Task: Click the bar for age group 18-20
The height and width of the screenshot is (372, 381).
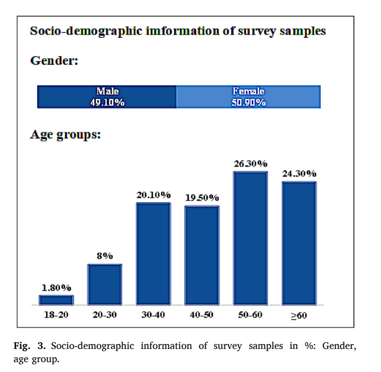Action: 56,300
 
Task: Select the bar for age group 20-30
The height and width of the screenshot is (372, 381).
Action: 104,285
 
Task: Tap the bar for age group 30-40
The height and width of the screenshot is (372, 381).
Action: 153,254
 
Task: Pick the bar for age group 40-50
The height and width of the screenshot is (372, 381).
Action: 202,256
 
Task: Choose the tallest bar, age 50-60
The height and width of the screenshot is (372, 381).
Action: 250,238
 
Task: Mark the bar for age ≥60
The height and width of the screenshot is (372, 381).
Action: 299,243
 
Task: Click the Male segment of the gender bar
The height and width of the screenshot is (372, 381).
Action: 107,97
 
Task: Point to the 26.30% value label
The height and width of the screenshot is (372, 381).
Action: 250,164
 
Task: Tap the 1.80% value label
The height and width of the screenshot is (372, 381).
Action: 56,287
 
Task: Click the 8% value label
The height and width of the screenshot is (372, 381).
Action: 104,256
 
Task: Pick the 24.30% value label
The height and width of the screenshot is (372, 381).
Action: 299,174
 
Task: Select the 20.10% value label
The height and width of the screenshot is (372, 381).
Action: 153,195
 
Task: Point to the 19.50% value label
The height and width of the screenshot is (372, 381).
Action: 202,198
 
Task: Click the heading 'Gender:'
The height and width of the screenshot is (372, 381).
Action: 54,60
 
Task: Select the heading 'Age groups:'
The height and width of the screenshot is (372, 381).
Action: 65,135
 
